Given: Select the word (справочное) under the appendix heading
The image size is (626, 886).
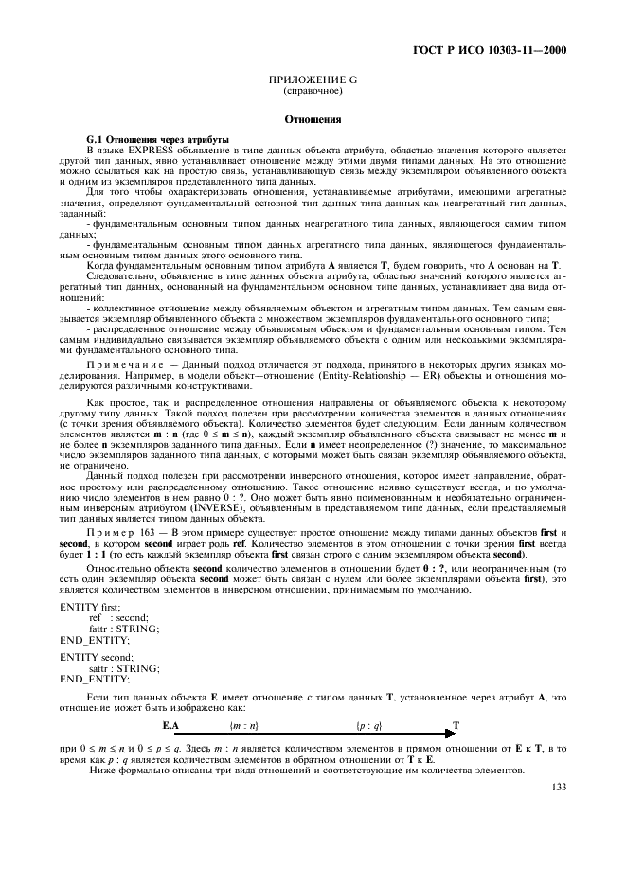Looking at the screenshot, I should (313, 92).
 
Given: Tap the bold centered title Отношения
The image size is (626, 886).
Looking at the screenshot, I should (313, 119).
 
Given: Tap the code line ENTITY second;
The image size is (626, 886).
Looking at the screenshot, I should (96, 655).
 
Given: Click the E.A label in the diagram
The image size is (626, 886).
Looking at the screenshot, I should (170, 725).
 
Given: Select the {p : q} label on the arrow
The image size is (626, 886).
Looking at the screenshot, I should (368, 725).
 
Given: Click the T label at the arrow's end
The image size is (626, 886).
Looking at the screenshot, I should (456, 725).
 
